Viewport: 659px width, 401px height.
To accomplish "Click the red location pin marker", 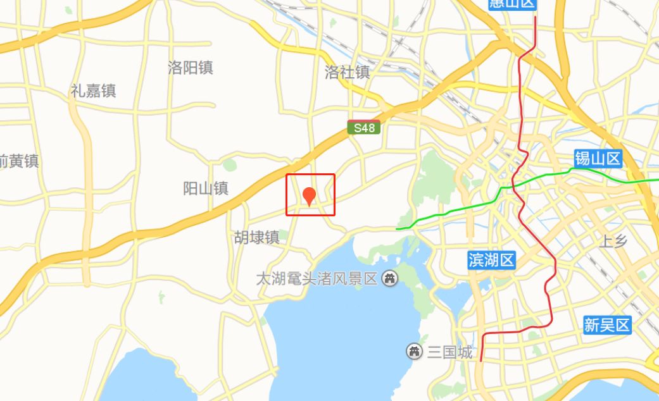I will click(310, 195).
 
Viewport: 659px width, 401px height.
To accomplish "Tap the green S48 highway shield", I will click(364, 128).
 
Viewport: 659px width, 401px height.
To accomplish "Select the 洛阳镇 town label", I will click(191, 68).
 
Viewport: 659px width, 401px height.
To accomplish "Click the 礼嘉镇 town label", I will click(93, 90).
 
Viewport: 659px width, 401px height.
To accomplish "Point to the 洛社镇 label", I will click(347, 72).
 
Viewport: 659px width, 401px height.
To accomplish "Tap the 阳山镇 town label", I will click(205, 188).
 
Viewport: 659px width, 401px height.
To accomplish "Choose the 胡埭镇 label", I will click(256, 237).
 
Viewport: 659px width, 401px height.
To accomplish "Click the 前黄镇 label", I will click(19, 161).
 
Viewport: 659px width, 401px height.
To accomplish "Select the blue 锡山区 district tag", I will click(598, 159).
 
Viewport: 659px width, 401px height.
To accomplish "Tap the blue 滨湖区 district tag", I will click(492, 259).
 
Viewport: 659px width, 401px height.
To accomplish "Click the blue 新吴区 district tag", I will click(608, 325).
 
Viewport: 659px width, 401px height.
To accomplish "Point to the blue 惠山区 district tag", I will click(513, 4).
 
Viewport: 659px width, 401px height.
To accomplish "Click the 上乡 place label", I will click(613, 241).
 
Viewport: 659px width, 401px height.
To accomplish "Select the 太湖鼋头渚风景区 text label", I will click(317, 278).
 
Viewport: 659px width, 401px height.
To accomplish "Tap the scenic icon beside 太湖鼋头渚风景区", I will click(391, 278).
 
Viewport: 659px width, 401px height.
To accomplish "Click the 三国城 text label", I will click(450, 352).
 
